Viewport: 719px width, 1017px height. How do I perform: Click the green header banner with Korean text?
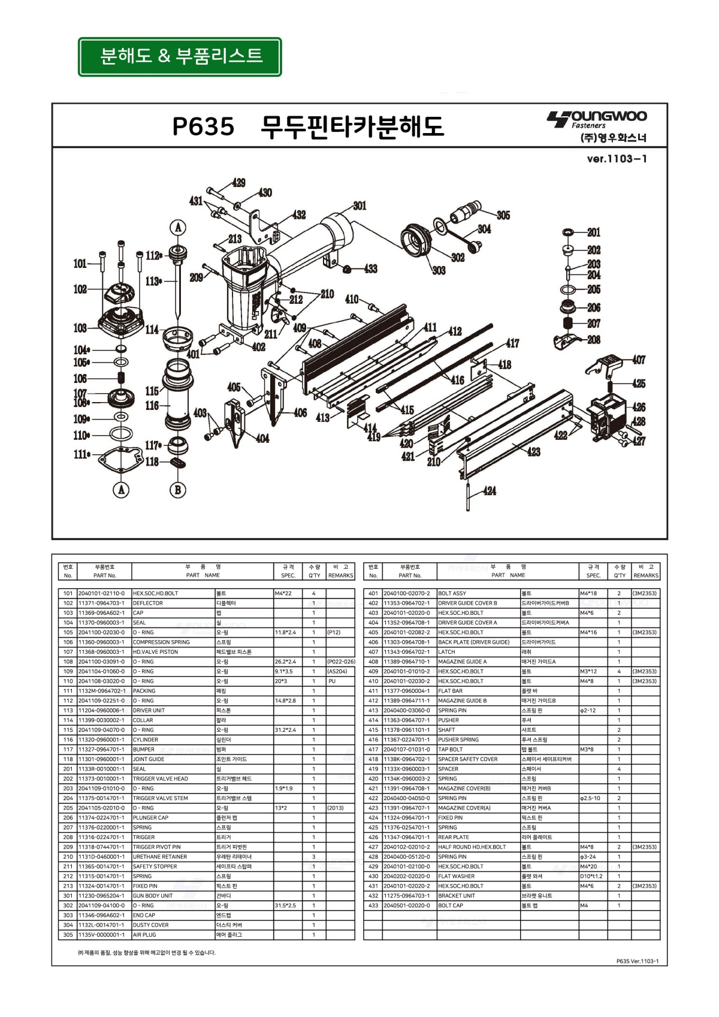tap(180, 57)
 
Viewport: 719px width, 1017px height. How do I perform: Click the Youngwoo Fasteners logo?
tap(597, 126)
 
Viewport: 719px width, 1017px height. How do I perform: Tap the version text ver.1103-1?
tap(617, 159)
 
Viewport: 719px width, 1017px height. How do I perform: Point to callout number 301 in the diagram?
tap(359, 206)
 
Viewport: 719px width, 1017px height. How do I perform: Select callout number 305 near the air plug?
tap(503, 215)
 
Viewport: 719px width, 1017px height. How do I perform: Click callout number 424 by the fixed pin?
tap(490, 491)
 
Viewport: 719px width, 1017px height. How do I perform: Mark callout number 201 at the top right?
tap(594, 233)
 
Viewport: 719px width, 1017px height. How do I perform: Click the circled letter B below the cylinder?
tap(177, 490)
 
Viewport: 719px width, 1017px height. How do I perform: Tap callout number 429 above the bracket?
tap(238, 183)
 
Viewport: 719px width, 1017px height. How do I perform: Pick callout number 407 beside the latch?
tap(639, 360)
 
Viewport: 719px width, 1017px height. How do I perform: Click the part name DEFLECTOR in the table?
tap(148, 603)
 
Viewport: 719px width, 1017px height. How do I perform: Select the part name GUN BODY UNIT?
tap(153, 895)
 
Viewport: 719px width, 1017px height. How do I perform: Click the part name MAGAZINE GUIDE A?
tap(462, 662)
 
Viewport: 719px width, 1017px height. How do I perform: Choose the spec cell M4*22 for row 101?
tap(283, 593)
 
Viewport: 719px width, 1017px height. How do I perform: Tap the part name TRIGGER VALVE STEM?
tap(160, 798)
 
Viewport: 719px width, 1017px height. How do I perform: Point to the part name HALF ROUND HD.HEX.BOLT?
tap(472, 847)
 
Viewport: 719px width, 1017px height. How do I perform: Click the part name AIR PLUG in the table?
tap(144, 934)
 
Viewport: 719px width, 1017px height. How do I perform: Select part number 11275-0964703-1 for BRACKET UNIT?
tap(407, 895)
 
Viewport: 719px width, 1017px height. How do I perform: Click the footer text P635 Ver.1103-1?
tap(638, 961)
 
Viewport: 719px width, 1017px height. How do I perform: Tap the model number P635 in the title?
tap(203, 126)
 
